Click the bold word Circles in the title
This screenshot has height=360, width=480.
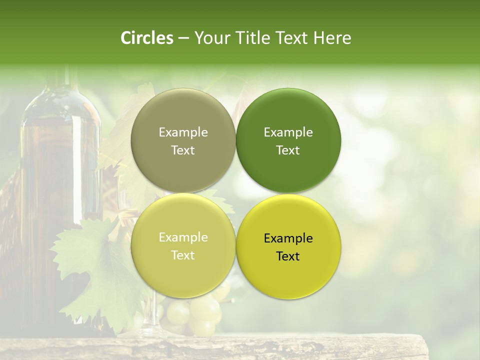(x=147, y=38)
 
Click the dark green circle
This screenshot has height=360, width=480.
(x=288, y=140)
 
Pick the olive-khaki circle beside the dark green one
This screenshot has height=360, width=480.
(x=183, y=140)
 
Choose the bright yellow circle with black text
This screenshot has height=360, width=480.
(x=288, y=246)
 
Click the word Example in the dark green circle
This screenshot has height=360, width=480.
(x=288, y=132)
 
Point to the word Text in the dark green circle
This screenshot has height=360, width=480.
(x=288, y=150)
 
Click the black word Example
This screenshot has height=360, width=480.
(x=288, y=238)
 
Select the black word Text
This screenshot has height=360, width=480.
(x=288, y=256)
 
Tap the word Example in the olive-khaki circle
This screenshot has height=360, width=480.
(x=183, y=132)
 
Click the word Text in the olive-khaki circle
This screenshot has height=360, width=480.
(x=183, y=150)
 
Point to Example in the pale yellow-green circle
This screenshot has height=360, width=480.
(x=183, y=237)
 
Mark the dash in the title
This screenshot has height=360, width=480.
(x=183, y=38)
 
